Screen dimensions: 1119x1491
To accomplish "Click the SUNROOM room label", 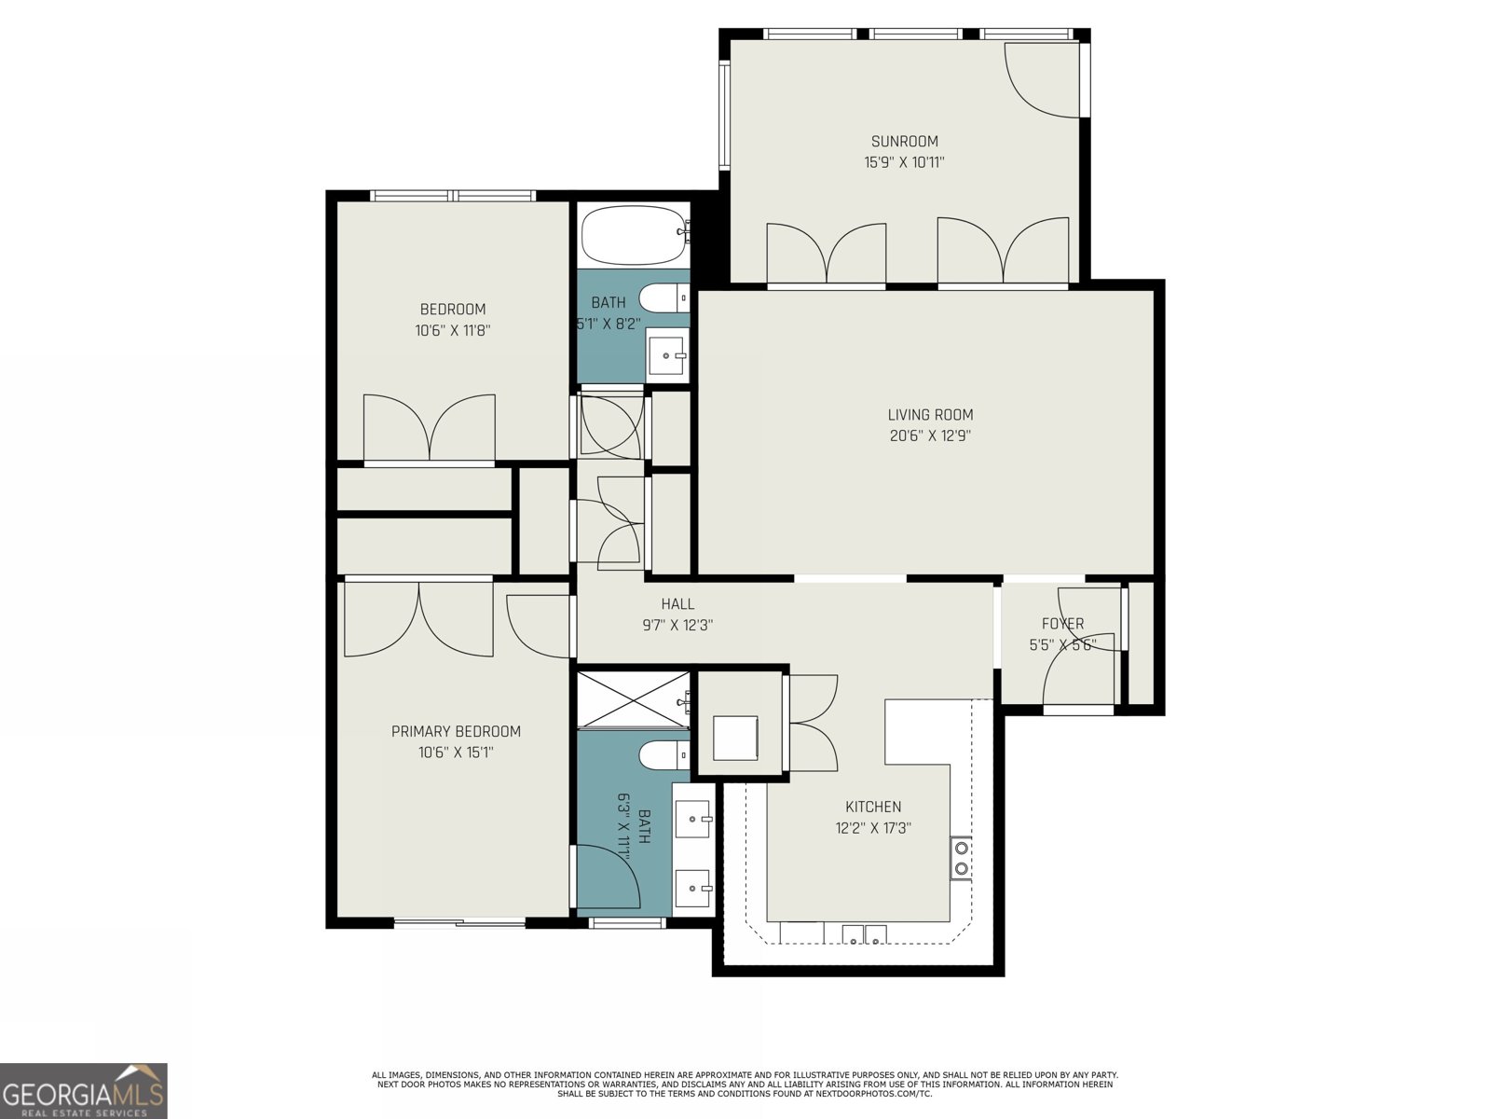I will (x=904, y=142).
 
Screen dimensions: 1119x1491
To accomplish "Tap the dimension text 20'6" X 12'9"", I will (x=930, y=435).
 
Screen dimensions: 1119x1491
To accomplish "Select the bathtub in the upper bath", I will (x=634, y=236).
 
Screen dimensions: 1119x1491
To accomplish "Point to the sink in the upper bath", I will (x=667, y=355).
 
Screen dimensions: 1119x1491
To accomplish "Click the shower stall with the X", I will (x=634, y=699).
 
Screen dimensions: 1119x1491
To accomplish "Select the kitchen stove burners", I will (x=960, y=858).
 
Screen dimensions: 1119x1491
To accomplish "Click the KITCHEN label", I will (x=873, y=807).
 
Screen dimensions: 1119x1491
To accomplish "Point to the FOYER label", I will (x=1062, y=624).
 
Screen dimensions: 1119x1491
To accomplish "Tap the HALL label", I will (x=677, y=604).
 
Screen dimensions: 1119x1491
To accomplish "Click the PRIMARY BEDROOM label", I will (x=456, y=732).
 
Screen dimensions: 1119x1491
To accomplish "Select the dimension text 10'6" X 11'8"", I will (x=453, y=330).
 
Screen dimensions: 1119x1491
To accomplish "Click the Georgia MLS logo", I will (x=84, y=1091).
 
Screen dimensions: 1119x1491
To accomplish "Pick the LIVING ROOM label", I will (x=930, y=415).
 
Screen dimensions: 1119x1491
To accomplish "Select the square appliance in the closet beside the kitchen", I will (x=735, y=738).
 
